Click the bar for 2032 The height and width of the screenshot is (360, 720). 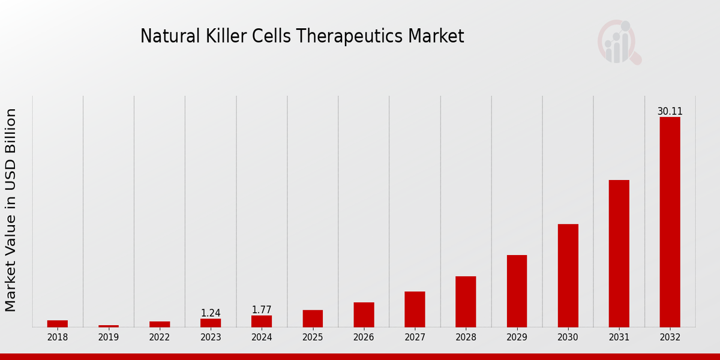tap(670, 222)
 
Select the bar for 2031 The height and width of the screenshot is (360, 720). tap(619, 253)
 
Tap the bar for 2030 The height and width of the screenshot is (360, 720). tap(568, 275)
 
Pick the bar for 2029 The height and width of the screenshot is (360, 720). tap(517, 291)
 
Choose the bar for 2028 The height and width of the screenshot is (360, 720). tap(466, 301)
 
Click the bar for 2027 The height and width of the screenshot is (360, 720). tap(415, 309)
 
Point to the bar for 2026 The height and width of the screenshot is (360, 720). tap(364, 314)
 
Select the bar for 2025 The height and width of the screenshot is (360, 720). tap(313, 318)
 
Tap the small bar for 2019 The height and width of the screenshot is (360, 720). tap(109, 326)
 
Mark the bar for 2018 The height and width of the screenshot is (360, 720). tap(58, 323)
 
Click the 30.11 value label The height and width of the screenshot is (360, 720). tap(670, 112)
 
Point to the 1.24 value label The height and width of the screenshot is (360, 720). tap(211, 313)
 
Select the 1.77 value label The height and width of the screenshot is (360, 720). tap(262, 310)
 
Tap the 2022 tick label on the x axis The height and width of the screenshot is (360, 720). tap(160, 337)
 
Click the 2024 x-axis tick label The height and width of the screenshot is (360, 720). tap(262, 337)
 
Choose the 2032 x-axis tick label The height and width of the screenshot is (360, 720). tap(670, 337)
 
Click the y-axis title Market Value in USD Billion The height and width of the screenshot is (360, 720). tap(11, 210)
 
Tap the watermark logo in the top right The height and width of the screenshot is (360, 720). tap(619, 42)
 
